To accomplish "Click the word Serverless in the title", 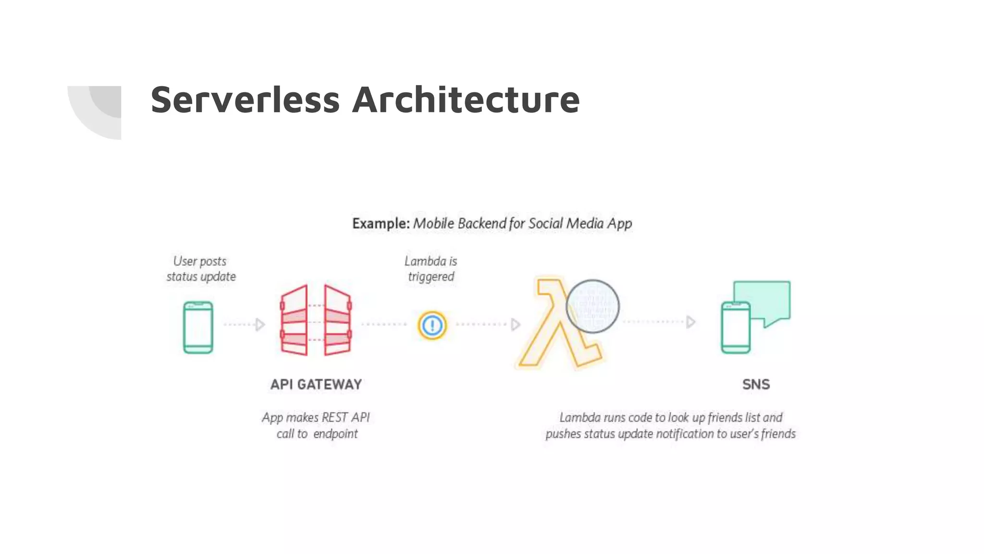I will click(245, 100).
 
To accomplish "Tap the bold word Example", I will click(380, 224).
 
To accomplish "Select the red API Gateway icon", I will click(316, 320).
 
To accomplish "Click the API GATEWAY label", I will click(316, 384).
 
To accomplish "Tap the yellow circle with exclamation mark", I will click(432, 325).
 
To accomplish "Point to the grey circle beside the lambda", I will click(592, 306).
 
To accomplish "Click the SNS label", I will click(756, 384).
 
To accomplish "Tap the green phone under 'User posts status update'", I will click(198, 327).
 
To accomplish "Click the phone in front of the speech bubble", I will click(735, 327).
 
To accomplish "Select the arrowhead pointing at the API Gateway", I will click(260, 325).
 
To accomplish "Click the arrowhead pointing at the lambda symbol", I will click(515, 325).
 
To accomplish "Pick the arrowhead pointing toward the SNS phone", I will click(690, 322).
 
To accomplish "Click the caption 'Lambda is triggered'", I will click(430, 269).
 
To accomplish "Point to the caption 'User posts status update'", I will click(201, 269).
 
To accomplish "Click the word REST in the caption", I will click(334, 417).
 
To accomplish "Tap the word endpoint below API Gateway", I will click(335, 434).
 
